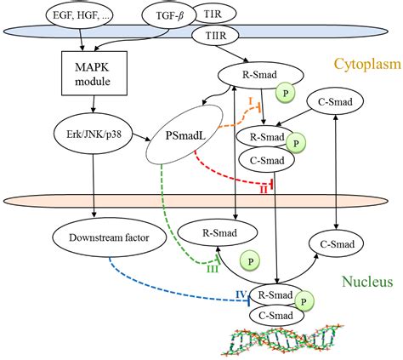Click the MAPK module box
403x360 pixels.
click(x=94, y=73)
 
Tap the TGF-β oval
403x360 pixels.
click(x=169, y=15)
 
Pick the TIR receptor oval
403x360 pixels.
click(x=214, y=14)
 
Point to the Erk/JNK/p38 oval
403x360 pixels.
click(x=93, y=134)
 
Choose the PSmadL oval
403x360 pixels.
click(x=184, y=134)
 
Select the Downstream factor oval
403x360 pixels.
click(x=109, y=237)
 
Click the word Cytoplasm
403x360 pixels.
click(x=368, y=64)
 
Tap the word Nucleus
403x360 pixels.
click(x=367, y=282)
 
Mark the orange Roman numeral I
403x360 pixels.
click(x=250, y=101)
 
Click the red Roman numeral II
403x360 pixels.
click(x=264, y=190)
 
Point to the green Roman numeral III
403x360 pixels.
click(x=213, y=269)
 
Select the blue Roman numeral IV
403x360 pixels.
click(x=241, y=294)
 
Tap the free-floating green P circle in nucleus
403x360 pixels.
click(x=250, y=261)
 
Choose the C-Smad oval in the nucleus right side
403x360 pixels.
click(x=337, y=244)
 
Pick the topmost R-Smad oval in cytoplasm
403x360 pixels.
click(x=261, y=75)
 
